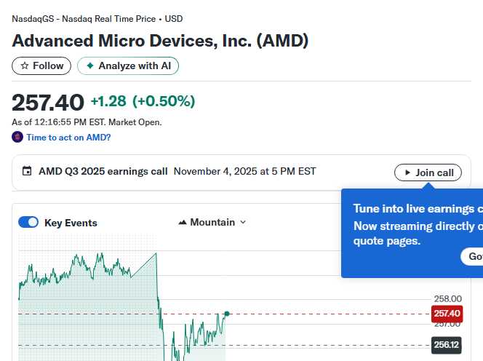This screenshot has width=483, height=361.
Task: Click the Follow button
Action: [x=41, y=66]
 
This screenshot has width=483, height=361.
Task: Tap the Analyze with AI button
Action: [x=128, y=66]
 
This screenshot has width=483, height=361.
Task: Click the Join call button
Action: [x=428, y=172]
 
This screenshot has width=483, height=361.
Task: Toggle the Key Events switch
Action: [x=28, y=223]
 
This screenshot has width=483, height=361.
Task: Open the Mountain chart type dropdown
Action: [x=212, y=222]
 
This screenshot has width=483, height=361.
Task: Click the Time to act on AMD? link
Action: [x=68, y=137]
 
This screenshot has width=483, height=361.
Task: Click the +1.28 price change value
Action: [x=108, y=101]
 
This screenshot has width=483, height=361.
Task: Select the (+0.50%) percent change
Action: [x=164, y=101]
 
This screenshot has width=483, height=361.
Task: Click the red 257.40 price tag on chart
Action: [x=447, y=314]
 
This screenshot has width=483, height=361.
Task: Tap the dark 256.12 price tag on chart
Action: [x=446, y=346]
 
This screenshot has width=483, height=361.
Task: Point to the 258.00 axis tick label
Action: [x=447, y=298]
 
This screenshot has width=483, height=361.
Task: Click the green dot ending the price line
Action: [x=227, y=314]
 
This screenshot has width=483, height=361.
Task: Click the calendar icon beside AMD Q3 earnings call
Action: [x=27, y=172]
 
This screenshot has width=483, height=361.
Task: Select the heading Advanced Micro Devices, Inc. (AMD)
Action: [x=160, y=41]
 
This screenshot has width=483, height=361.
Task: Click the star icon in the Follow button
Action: [x=25, y=66]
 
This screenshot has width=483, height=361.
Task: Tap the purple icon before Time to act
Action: [x=17, y=137]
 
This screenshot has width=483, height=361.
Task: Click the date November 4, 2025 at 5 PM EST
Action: [x=244, y=172]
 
